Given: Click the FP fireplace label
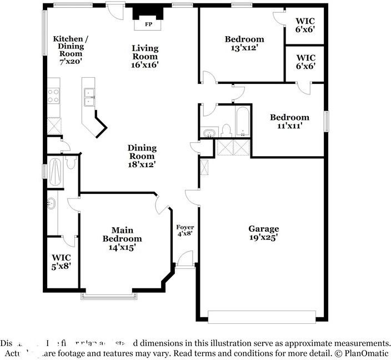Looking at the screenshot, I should tap(148, 24).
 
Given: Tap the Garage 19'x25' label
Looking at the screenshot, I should tap(263, 233).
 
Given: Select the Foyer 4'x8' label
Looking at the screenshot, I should tap(184, 231).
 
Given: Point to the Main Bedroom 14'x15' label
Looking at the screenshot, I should tap(122, 238).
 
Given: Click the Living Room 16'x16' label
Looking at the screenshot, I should tap(144, 56).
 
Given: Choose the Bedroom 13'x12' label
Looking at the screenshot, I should tap(244, 43).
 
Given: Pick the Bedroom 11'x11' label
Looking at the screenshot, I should tap(289, 121).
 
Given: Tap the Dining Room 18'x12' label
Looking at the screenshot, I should tap(142, 156).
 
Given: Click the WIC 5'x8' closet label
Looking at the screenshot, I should tap(61, 262).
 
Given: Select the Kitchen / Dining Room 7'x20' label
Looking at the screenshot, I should tap(69, 50).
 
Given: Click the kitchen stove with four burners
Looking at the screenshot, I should tap(53, 96).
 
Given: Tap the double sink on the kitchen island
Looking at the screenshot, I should tap(88, 97).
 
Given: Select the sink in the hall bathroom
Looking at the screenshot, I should tap(209, 133).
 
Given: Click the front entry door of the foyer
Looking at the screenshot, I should tap(186, 261).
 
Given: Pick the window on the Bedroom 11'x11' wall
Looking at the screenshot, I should tap(327, 121).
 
